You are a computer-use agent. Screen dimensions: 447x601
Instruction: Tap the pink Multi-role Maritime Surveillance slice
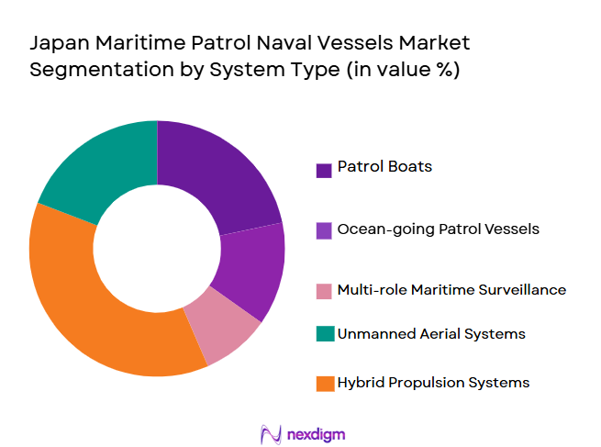(x=220, y=325)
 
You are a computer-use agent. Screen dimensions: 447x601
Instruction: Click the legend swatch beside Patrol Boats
(x=323, y=170)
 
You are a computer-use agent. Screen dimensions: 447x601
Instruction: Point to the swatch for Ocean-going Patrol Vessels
(x=323, y=230)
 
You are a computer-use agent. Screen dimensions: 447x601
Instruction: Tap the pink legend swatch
(x=323, y=291)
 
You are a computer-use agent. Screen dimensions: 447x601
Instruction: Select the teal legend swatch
(x=323, y=335)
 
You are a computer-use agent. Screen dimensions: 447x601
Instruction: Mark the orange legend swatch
(x=323, y=384)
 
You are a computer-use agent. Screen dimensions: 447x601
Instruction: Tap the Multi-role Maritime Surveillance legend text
(x=451, y=289)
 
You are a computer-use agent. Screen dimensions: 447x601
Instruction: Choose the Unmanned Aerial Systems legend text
(x=431, y=334)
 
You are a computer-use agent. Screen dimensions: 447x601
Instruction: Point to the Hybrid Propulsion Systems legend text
(x=433, y=382)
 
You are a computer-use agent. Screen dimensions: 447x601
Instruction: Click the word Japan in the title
(x=57, y=43)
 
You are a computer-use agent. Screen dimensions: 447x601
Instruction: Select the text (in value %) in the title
(x=403, y=71)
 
